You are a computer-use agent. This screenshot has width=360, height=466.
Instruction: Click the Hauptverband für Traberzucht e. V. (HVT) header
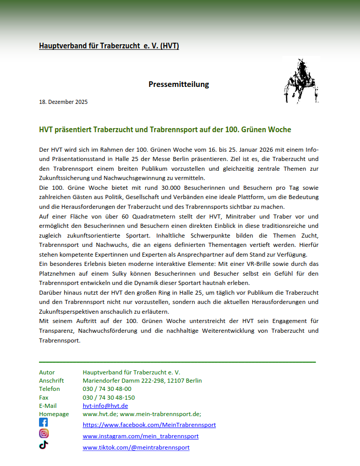click(109, 46)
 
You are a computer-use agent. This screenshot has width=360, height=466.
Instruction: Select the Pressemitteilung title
click(179, 84)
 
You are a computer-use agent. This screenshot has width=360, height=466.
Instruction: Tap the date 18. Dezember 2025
click(63, 102)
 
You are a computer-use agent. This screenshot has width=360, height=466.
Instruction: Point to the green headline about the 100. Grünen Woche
click(165, 130)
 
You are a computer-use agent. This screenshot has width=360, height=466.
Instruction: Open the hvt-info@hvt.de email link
click(105, 406)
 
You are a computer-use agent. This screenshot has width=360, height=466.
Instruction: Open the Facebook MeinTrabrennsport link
click(149, 425)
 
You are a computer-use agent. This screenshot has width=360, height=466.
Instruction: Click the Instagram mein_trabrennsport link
click(141, 436)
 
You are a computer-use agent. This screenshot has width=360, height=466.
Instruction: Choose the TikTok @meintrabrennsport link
click(136, 447)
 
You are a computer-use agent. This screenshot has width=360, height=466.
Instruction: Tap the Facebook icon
click(44, 422)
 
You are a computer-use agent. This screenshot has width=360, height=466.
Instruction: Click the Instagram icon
click(44, 434)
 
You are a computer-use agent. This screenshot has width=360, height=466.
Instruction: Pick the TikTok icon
click(44, 445)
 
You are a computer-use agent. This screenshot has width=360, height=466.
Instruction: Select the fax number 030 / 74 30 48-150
click(109, 398)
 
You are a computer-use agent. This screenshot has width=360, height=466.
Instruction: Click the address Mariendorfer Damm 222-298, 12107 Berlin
click(142, 381)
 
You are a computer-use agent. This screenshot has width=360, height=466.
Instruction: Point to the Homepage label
click(54, 414)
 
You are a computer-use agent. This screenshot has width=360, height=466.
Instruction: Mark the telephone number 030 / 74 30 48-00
click(107, 389)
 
